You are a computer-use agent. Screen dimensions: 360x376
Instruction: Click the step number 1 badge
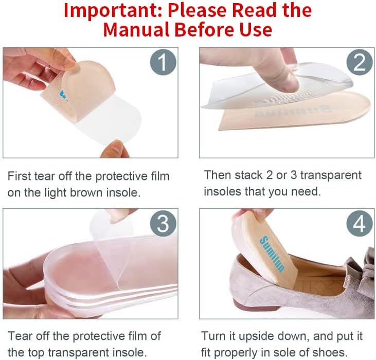163,63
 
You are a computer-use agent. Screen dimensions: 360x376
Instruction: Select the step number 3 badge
163,224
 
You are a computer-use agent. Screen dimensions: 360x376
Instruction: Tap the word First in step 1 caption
20,176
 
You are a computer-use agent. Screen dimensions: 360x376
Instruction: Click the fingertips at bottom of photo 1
113,149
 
